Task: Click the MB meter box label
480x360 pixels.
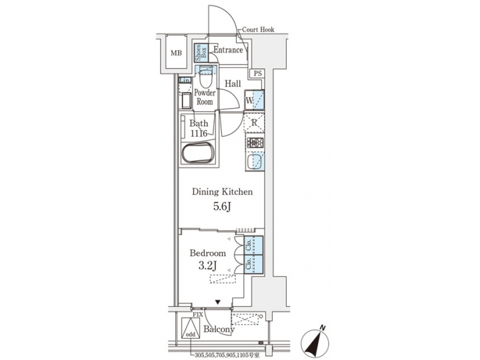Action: coord(175,53)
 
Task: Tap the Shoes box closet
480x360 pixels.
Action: coord(199,52)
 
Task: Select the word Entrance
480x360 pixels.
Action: coord(227,50)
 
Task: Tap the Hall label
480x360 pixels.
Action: coord(233,84)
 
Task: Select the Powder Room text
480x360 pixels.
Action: coord(204,97)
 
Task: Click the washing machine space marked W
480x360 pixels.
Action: coord(255,100)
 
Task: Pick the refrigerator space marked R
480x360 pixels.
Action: coord(255,123)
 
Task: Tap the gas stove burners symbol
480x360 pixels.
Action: coord(255,143)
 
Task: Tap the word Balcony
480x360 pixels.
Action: coord(219,329)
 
